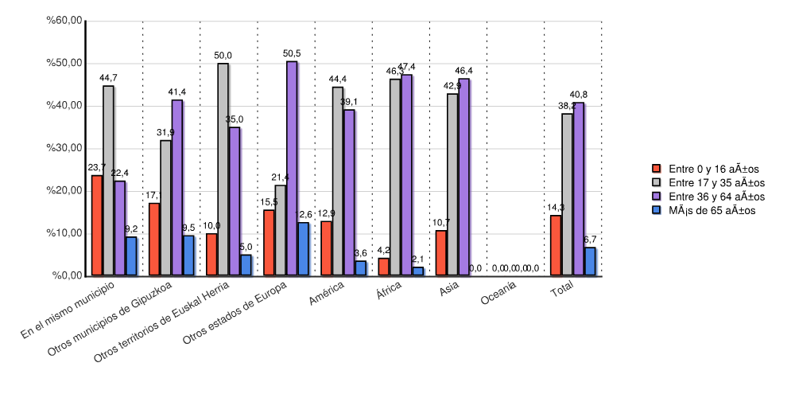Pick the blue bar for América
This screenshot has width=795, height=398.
[x=360, y=268]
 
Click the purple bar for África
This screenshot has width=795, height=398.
[x=407, y=175]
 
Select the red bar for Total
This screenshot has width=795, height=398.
[x=556, y=246]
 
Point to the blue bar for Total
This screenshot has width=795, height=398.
[x=590, y=262]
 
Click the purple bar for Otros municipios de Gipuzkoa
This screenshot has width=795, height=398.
[x=177, y=188]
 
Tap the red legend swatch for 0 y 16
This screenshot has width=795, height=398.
[x=656, y=169]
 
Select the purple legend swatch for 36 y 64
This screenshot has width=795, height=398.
[x=656, y=196]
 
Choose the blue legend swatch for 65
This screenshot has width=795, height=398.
[x=656, y=210]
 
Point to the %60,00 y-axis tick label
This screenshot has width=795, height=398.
[x=65, y=21]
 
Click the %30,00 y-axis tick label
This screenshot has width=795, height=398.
[x=65, y=148]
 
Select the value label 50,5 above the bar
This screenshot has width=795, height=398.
[x=293, y=53]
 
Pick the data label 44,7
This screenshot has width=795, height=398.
[x=108, y=78]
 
